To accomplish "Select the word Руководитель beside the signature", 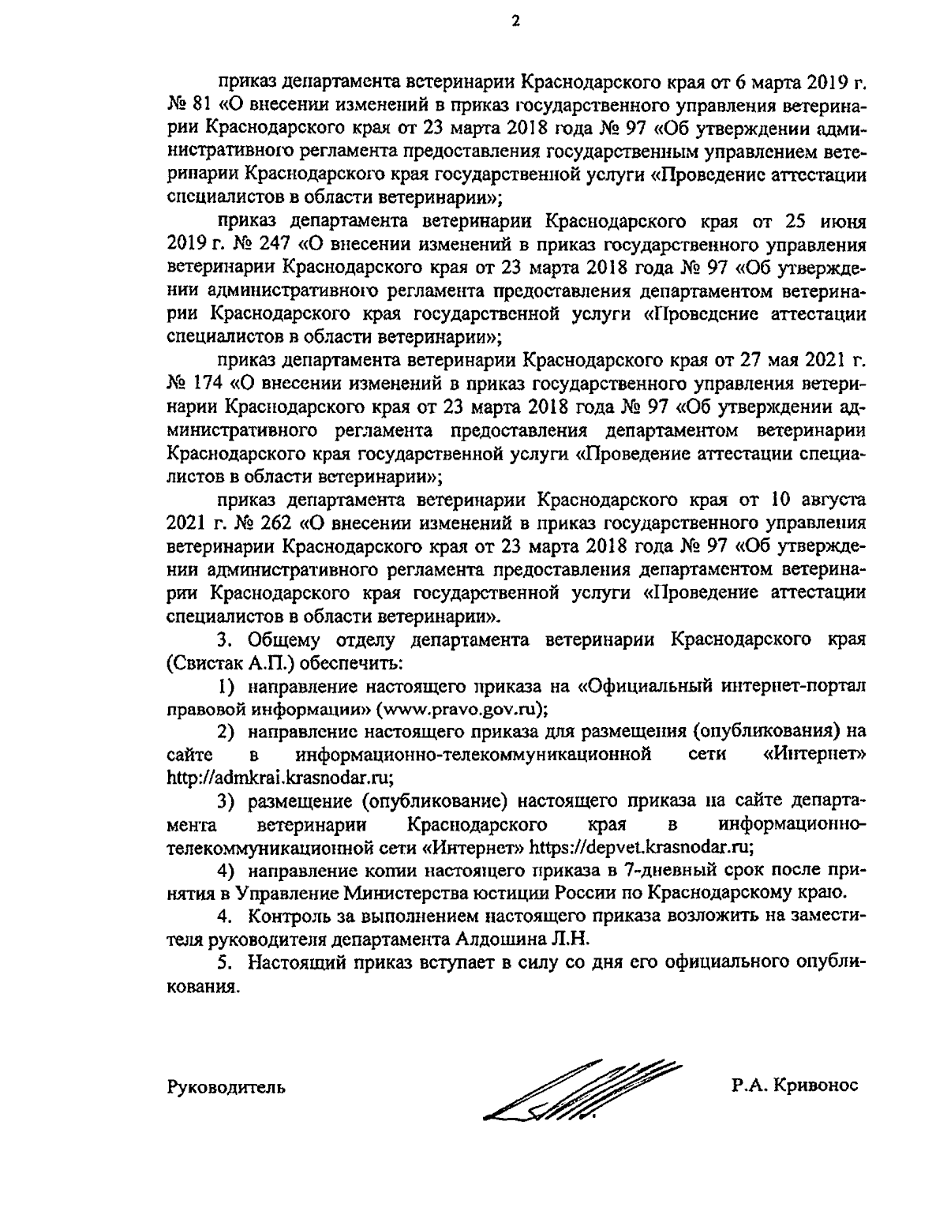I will coord(226,1087).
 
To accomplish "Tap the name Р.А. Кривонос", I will coord(794,1086).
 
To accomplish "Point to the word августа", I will coord(829,501).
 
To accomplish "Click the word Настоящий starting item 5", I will coord(295,963).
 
